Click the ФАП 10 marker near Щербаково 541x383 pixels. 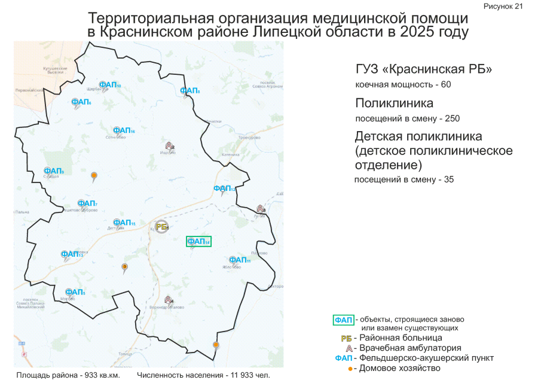[109, 85]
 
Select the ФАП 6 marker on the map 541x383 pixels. [81, 102]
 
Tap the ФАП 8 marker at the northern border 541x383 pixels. [189, 90]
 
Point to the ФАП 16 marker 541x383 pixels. [123, 130]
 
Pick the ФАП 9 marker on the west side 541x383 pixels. [53, 171]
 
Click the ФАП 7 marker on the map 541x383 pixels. [87, 203]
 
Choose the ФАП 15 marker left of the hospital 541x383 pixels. [124, 223]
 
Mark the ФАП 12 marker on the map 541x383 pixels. [224, 189]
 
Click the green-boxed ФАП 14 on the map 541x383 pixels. [198, 241]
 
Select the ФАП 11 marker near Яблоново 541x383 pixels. [239, 260]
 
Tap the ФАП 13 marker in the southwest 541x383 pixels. [72, 254]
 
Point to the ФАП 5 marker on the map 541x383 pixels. [75, 292]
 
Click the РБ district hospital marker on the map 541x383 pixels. [161, 226]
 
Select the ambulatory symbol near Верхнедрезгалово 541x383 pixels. [169, 299]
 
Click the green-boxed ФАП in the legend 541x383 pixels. [343, 320]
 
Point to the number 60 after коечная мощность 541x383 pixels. [445, 84]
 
